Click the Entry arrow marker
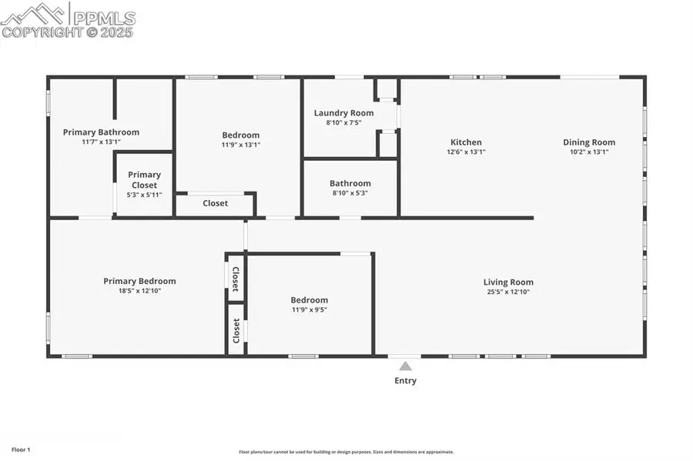(x=405, y=366)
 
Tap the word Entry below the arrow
(x=405, y=380)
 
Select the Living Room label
(x=508, y=282)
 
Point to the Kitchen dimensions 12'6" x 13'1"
(x=466, y=152)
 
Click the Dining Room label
(x=589, y=142)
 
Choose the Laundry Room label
(x=343, y=113)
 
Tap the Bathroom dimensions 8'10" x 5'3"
(x=350, y=193)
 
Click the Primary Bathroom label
(x=101, y=132)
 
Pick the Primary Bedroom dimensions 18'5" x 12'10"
(x=139, y=291)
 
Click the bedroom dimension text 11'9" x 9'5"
(x=309, y=309)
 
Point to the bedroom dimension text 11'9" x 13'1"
(x=241, y=145)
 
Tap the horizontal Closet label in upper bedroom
(x=215, y=203)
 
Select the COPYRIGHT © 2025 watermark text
(x=67, y=32)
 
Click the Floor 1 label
(x=20, y=449)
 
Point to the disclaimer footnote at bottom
(x=346, y=452)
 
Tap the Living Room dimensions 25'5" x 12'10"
(x=508, y=292)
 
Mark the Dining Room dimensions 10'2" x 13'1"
(x=589, y=152)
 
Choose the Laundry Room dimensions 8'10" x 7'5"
(x=343, y=122)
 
